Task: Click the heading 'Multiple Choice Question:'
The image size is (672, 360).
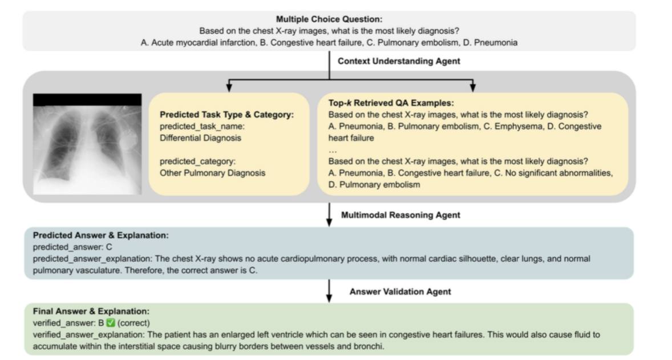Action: pyautogui.click(x=329, y=19)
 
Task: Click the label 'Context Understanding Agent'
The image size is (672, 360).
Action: pyautogui.click(x=399, y=60)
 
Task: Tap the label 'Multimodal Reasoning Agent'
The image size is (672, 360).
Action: pyautogui.click(x=400, y=215)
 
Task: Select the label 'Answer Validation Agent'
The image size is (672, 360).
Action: pyautogui.click(x=400, y=292)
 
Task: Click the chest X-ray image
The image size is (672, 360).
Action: pyautogui.click(x=87, y=144)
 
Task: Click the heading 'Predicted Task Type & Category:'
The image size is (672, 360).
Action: pyautogui.click(x=226, y=115)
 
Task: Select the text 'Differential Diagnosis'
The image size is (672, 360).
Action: pyautogui.click(x=200, y=138)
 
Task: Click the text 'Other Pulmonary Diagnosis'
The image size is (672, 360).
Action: pyautogui.click(x=212, y=173)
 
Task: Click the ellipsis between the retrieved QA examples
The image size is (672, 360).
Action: pyautogui.click(x=333, y=149)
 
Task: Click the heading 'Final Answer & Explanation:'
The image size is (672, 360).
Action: pyautogui.click(x=91, y=312)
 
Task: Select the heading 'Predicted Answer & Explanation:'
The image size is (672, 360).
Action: pyautogui.click(x=100, y=235)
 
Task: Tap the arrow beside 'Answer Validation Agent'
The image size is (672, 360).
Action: pyautogui.click(x=329, y=292)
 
